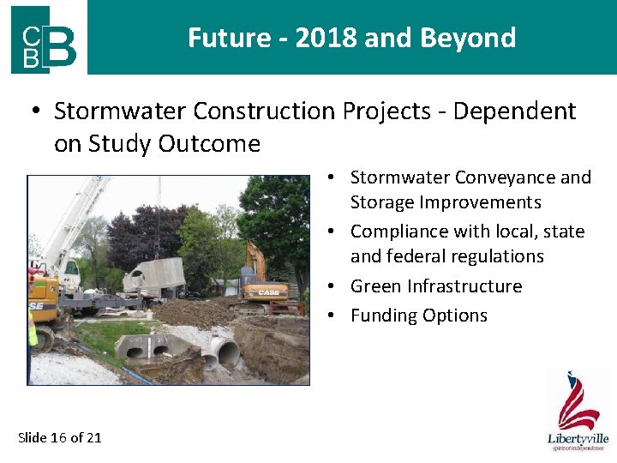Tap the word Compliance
402,231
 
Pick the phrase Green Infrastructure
436,286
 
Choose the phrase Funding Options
419,316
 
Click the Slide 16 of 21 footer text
60,437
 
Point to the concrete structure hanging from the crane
155,276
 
